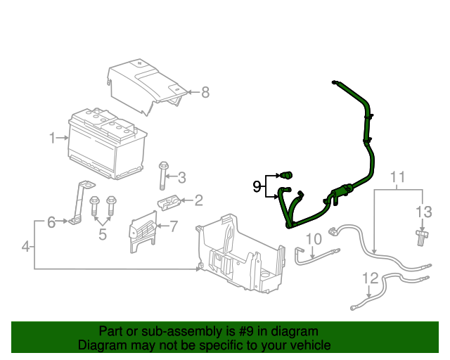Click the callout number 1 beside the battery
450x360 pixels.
(x=52, y=138)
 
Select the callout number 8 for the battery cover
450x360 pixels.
(x=205, y=92)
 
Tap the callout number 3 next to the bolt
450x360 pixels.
(x=181, y=177)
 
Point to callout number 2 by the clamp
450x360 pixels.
(x=199, y=201)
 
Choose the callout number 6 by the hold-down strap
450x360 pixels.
(x=51, y=223)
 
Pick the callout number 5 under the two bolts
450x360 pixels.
(x=103, y=234)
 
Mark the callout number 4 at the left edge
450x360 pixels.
(x=26, y=247)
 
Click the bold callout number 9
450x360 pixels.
(x=257, y=186)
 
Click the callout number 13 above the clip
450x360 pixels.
(x=423, y=212)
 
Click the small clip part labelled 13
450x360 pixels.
(x=421, y=236)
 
